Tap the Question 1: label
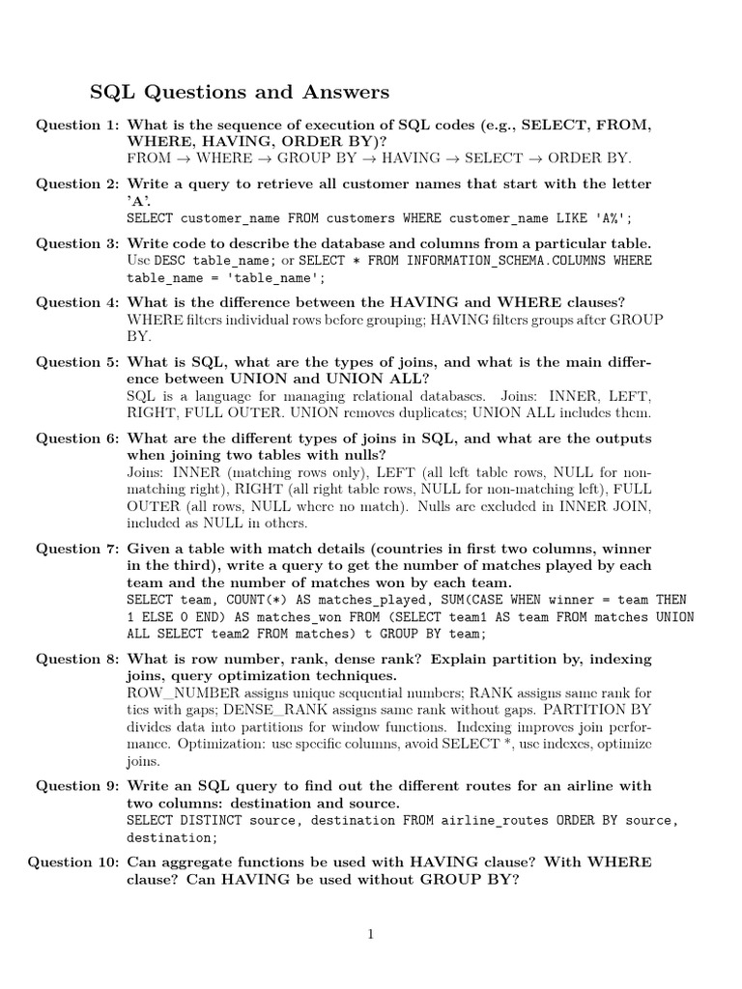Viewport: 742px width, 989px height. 75,125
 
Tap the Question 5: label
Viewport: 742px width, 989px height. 75,362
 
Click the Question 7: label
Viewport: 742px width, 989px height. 75,549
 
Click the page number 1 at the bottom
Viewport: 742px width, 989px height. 370,933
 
